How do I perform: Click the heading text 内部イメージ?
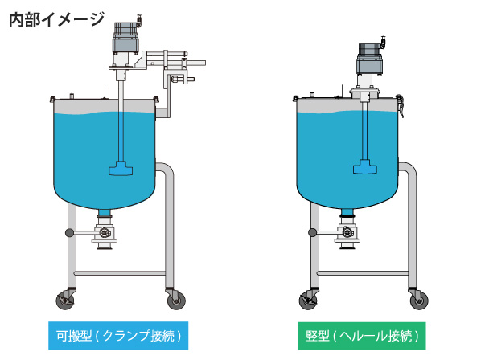pyautogui.click(x=57, y=19)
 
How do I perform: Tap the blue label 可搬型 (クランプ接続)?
pyautogui.click(x=118, y=335)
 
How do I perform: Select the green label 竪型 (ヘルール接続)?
pyautogui.click(x=362, y=336)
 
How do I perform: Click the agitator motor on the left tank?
pyautogui.click(x=126, y=37)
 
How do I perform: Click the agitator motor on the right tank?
pyautogui.click(x=370, y=59)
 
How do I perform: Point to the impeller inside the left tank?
pyautogui.click(x=121, y=168)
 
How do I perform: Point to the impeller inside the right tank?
pyautogui.click(x=365, y=167)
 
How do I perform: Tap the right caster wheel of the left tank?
pyautogui.click(x=176, y=300)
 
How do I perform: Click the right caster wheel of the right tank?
pyautogui.click(x=419, y=300)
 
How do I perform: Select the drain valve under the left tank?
pyautogui.click(x=105, y=234)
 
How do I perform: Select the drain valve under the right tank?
pyautogui.click(x=347, y=233)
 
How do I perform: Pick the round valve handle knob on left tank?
pyautogui.click(x=70, y=233)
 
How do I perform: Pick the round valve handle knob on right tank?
pyautogui.click(x=313, y=232)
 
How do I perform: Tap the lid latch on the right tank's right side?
pyautogui.click(x=400, y=105)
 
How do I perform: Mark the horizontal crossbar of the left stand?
pyautogui.click(x=121, y=273)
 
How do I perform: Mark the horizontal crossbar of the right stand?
pyautogui.click(x=364, y=273)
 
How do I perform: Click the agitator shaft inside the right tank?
pyautogui.click(x=364, y=131)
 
